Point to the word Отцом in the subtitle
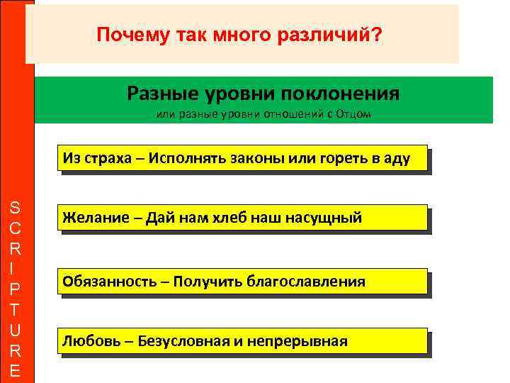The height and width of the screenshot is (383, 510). click(354, 116)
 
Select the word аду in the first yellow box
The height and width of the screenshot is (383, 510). click(397, 157)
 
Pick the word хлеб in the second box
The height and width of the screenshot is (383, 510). click(227, 218)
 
